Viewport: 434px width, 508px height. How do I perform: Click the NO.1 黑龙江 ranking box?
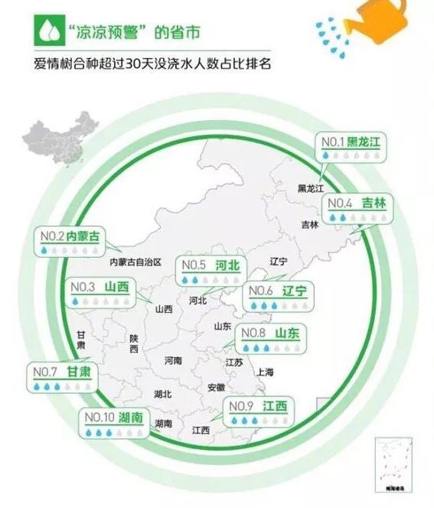pos(351,148)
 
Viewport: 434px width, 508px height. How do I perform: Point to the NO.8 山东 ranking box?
pos(269,339)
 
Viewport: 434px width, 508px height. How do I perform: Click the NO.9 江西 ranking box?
pos(256,412)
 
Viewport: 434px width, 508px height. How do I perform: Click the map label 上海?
pos(265,372)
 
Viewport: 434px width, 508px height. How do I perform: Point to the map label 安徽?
pos(216,388)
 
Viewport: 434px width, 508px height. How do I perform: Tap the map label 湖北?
pos(162,394)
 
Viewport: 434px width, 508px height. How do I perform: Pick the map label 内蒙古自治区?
pos(136,262)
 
